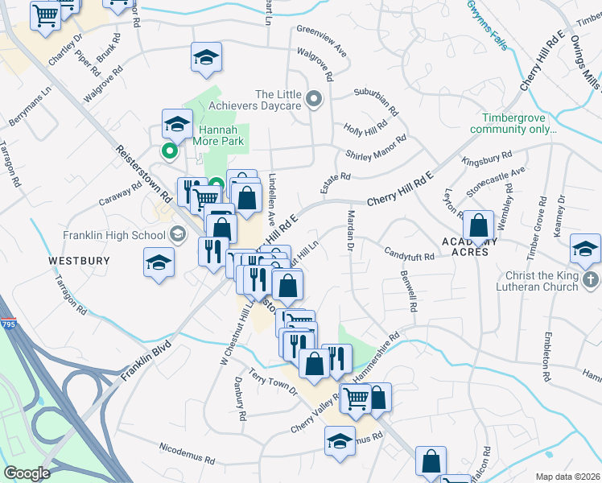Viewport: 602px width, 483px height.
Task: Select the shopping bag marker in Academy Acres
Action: (478, 226)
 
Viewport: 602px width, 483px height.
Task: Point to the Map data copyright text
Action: (568, 477)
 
